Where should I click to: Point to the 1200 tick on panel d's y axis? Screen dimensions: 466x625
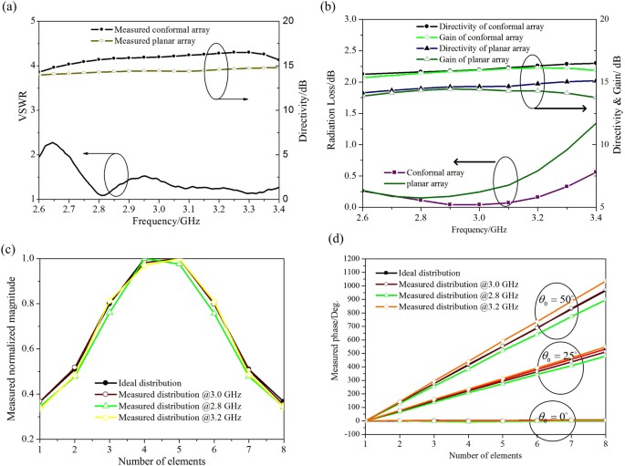(x=350, y=259)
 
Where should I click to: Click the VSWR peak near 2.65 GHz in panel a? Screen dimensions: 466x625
(x=54, y=143)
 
